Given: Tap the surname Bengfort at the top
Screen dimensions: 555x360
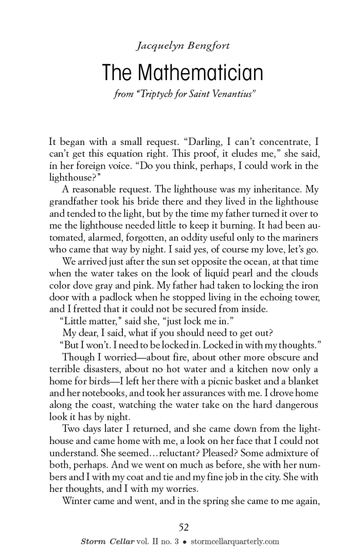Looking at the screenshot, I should click(207, 46).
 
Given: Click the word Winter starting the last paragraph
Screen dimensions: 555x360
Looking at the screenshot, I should click(78, 500).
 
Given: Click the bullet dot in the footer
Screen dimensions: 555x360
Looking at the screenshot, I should click(191, 541).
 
